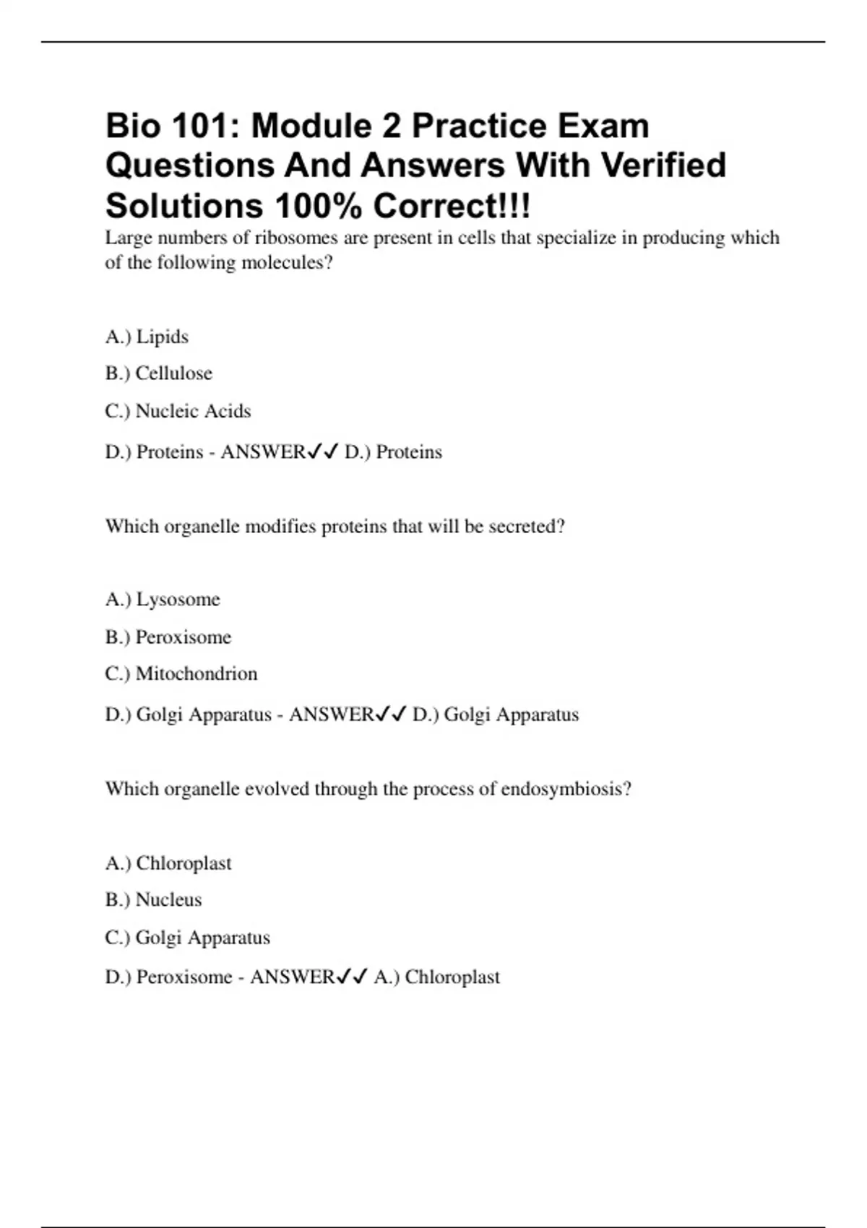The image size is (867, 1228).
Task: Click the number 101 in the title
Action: (199, 126)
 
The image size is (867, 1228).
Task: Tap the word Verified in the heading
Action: (663, 165)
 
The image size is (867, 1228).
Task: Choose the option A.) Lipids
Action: (147, 337)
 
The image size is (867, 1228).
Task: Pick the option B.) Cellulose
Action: (159, 373)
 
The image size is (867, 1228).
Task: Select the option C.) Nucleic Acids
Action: (178, 411)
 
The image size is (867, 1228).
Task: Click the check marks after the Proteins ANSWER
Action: (323, 452)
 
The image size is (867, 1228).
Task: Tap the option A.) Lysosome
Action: (163, 600)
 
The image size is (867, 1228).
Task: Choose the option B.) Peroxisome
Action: (168, 637)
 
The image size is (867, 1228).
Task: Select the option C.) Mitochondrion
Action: (181, 674)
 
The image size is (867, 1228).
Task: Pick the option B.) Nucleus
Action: (153, 900)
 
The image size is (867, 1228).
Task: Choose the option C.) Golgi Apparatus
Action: (187, 938)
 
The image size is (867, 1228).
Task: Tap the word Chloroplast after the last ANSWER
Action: (452, 977)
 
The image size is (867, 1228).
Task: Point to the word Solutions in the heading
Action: (184, 207)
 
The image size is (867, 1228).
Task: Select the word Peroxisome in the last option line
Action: (184, 977)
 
